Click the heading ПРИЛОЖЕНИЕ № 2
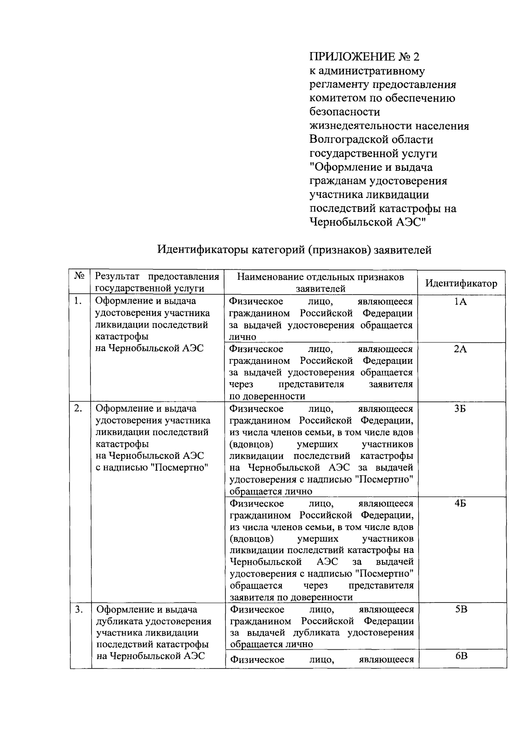(x=364, y=57)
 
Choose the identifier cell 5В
(x=461, y=609)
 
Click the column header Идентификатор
(x=461, y=283)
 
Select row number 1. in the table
(x=78, y=301)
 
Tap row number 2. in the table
(x=78, y=408)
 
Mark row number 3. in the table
(x=78, y=609)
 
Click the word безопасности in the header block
(x=345, y=112)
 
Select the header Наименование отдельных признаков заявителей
(x=321, y=282)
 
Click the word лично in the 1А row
(x=243, y=337)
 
